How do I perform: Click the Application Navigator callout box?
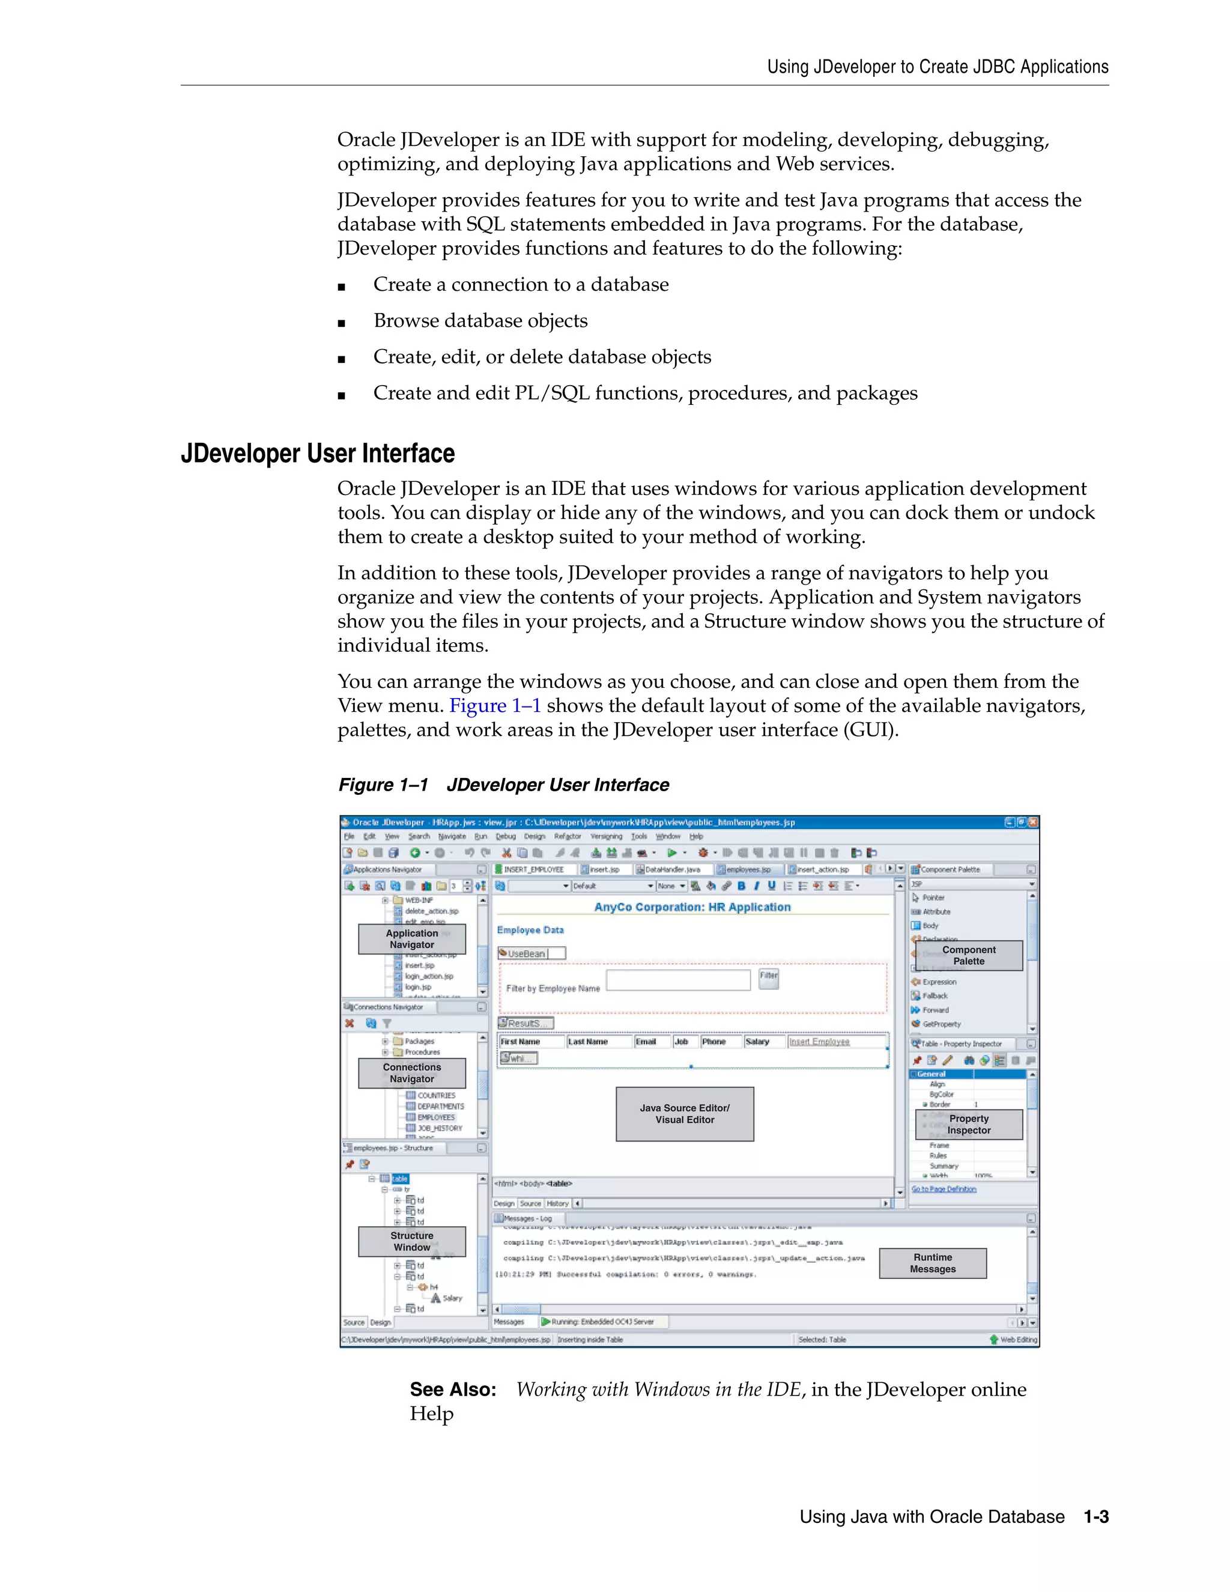(411, 939)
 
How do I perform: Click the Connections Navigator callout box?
(411, 1073)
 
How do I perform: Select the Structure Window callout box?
(411, 1241)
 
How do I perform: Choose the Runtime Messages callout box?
(933, 1263)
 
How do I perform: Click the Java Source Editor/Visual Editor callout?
(684, 1114)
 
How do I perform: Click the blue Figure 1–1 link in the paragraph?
(495, 706)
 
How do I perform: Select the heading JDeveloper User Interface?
(318, 454)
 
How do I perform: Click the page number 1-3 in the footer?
(1096, 1517)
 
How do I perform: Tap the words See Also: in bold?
(452, 1390)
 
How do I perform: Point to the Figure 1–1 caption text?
(503, 785)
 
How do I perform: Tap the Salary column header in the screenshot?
(757, 1042)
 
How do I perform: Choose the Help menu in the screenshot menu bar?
(696, 837)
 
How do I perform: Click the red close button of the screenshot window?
(1032, 822)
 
